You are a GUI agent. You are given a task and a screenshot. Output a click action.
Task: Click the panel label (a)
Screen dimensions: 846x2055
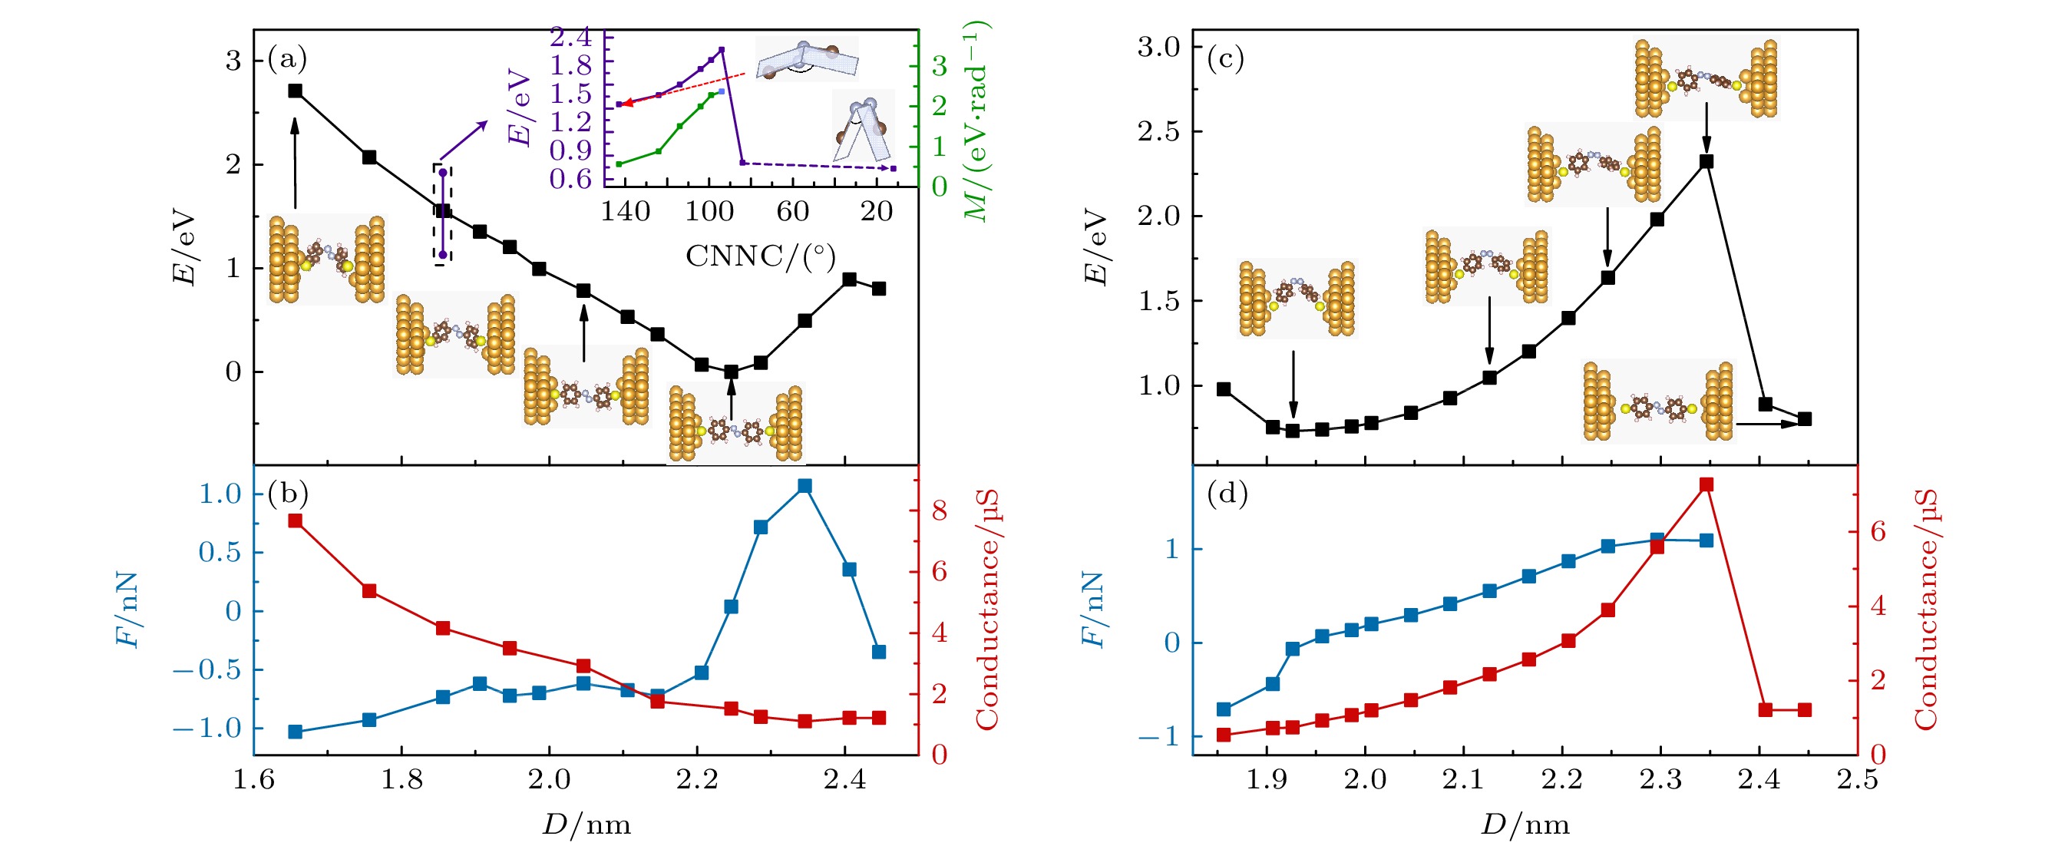click(287, 58)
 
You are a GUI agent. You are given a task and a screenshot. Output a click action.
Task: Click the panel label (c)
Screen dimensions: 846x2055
click(1226, 58)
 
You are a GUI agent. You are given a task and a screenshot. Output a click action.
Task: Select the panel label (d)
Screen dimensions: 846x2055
click(1226, 495)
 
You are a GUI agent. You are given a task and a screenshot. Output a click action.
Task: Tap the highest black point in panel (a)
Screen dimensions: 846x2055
click(296, 91)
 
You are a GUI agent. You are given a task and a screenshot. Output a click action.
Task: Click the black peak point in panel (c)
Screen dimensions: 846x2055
click(1706, 161)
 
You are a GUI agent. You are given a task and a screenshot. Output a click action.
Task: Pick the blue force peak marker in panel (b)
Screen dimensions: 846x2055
click(805, 486)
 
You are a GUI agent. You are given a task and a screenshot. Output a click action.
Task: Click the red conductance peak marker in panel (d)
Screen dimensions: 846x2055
click(1706, 484)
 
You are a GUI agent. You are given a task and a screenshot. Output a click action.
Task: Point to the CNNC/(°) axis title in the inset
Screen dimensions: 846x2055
click(760, 256)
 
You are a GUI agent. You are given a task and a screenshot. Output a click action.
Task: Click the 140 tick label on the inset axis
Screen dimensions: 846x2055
click(625, 212)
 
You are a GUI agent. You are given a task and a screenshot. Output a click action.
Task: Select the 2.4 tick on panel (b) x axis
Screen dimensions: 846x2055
click(845, 780)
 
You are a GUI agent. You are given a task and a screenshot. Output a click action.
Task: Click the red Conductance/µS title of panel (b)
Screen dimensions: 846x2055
click(987, 610)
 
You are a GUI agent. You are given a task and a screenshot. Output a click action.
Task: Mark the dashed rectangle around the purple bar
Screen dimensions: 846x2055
click(443, 213)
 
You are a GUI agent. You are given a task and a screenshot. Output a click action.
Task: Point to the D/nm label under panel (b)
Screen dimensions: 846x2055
click(586, 825)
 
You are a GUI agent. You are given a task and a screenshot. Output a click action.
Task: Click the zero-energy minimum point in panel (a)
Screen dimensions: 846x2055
click(731, 372)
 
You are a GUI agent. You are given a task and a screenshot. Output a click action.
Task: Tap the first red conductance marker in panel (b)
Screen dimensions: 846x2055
click(296, 521)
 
